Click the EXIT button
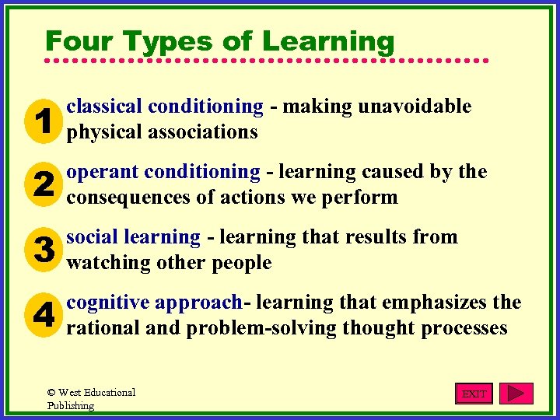point(474,394)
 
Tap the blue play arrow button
point(516,394)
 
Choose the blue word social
point(91,237)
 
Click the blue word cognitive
point(108,303)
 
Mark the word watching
point(107,263)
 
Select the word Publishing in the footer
point(71,406)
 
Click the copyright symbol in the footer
point(51,393)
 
